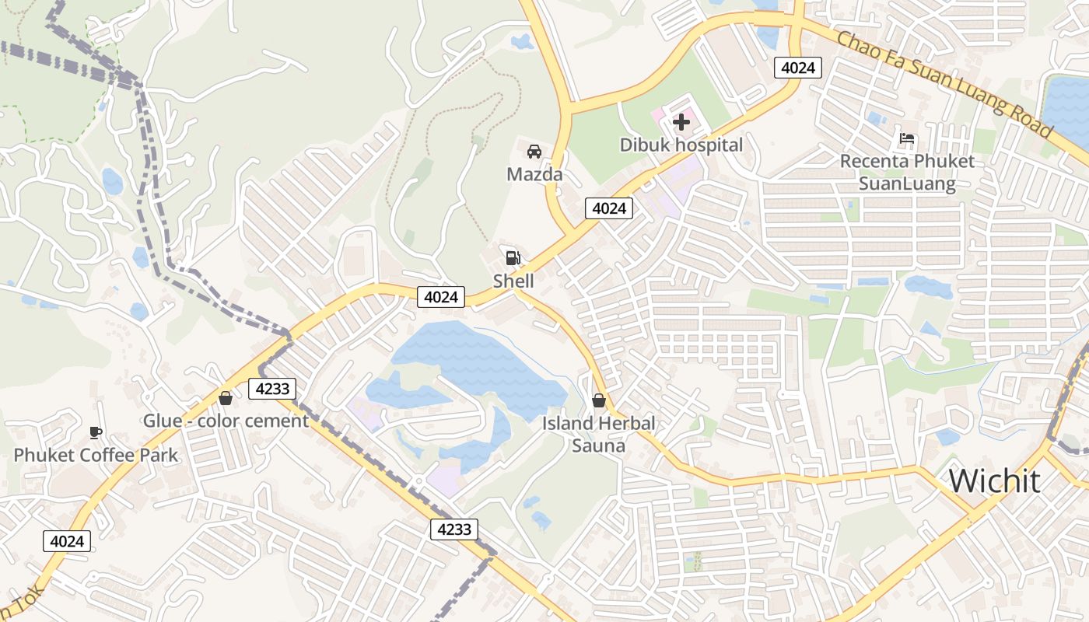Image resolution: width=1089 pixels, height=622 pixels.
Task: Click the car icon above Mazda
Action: pos(534,151)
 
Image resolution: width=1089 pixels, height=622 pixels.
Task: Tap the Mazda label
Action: pos(534,174)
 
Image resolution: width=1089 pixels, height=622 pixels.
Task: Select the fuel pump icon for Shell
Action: pos(513,257)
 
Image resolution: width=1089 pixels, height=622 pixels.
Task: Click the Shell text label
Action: pos(513,281)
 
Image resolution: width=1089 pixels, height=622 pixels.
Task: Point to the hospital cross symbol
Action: pos(681,122)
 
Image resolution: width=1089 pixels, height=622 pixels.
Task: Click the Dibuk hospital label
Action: pos(681,145)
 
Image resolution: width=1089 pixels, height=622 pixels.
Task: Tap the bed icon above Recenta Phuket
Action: pos(907,140)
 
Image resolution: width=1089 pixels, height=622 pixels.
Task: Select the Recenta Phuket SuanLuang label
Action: pos(907,173)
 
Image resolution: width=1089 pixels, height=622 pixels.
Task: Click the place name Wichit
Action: pos(994,481)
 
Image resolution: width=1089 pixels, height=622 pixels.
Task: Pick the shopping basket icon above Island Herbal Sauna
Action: pos(598,400)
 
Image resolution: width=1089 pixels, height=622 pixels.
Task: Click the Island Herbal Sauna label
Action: pos(598,435)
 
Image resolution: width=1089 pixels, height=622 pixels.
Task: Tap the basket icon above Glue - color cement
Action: pos(226,398)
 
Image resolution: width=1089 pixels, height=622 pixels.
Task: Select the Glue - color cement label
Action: pos(226,421)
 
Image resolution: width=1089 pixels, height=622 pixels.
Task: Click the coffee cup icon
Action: pos(96,432)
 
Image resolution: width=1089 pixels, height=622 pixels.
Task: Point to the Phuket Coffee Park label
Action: pos(96,455)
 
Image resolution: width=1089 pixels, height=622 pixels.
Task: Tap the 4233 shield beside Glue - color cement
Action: pos(272,389)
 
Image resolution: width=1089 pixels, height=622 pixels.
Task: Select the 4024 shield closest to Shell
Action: pos(441,296)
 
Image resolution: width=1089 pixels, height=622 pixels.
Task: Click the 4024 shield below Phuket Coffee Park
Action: pos(67,541)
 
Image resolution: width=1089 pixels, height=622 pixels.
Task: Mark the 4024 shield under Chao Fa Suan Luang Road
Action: pos(798,68)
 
